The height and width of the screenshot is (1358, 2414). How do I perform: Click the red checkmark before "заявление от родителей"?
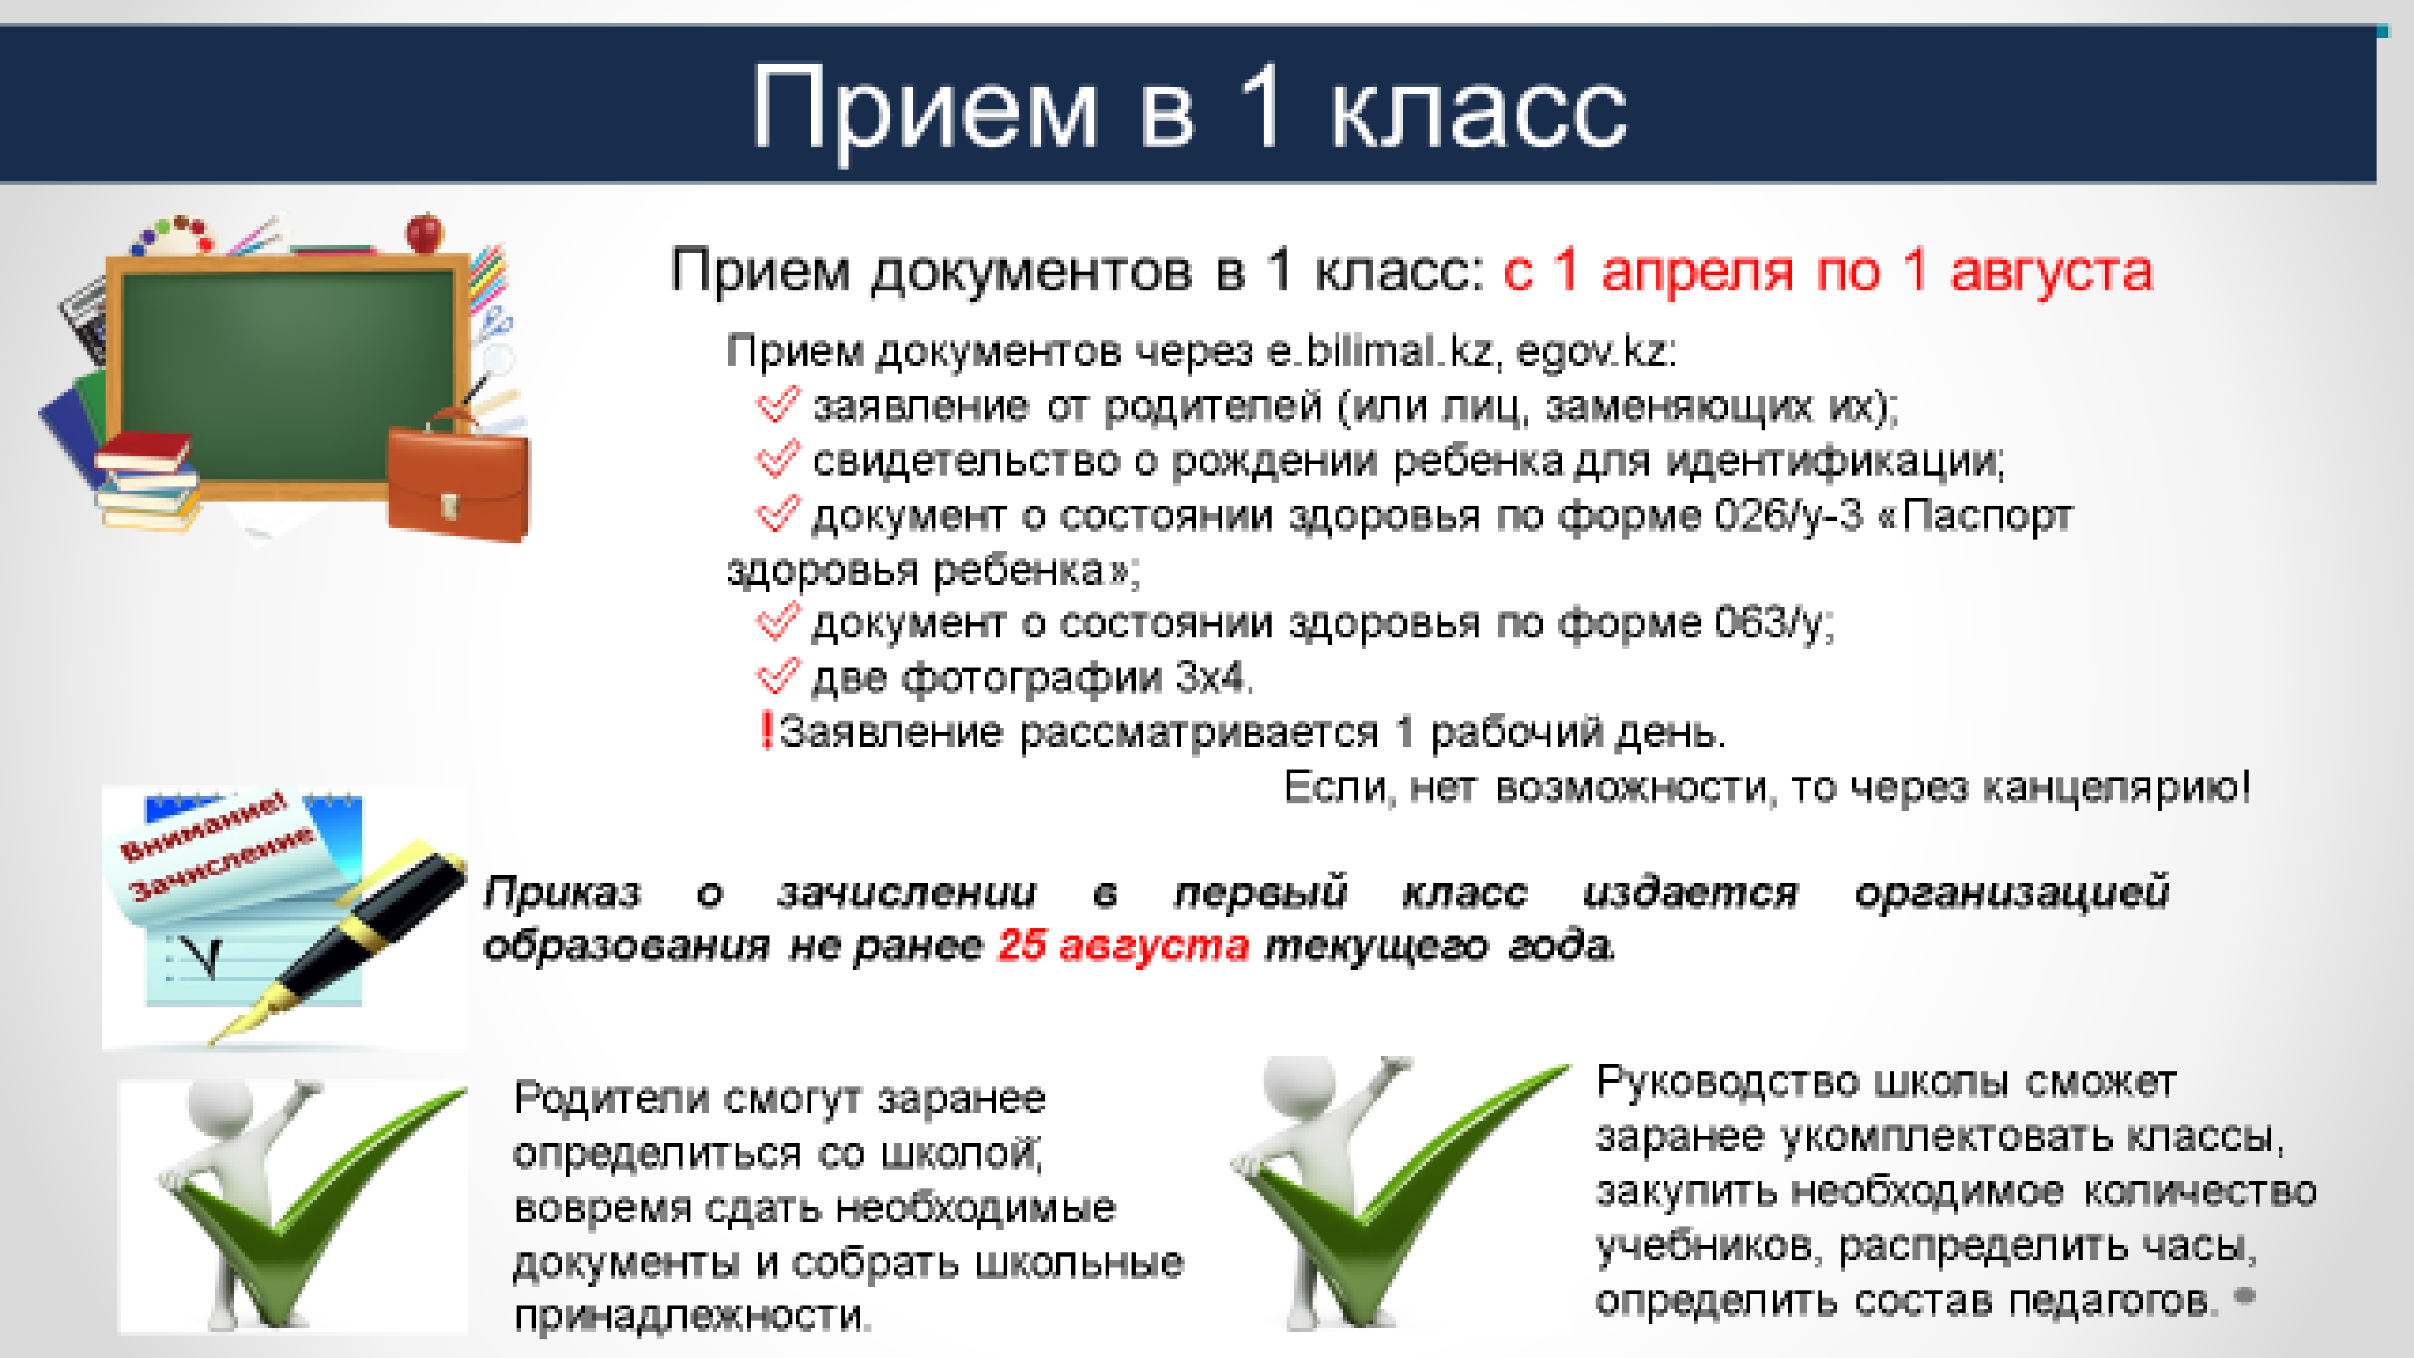pyautogui.click(x=777, y=405)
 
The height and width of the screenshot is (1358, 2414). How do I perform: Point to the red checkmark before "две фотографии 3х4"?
pyautogui.click(x=777, y=677)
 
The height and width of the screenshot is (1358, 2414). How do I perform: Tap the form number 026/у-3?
pyautogui.click(x=1788, y=515)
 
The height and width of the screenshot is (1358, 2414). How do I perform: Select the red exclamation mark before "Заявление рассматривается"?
pyautogui.click(x=766, y=730)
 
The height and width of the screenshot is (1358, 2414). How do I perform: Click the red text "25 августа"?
pyautogui.click(x=1123, y=945)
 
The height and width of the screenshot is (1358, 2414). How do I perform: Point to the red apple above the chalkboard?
pyautogui.click(x=424, y=232)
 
